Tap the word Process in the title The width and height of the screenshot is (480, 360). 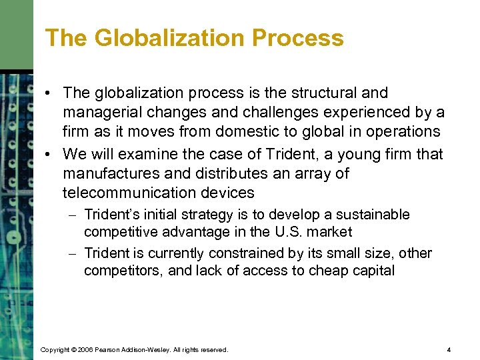[x=300, y=38]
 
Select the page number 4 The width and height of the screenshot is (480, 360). [x=449, y=349]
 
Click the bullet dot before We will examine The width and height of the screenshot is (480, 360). [x=51, y=154]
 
